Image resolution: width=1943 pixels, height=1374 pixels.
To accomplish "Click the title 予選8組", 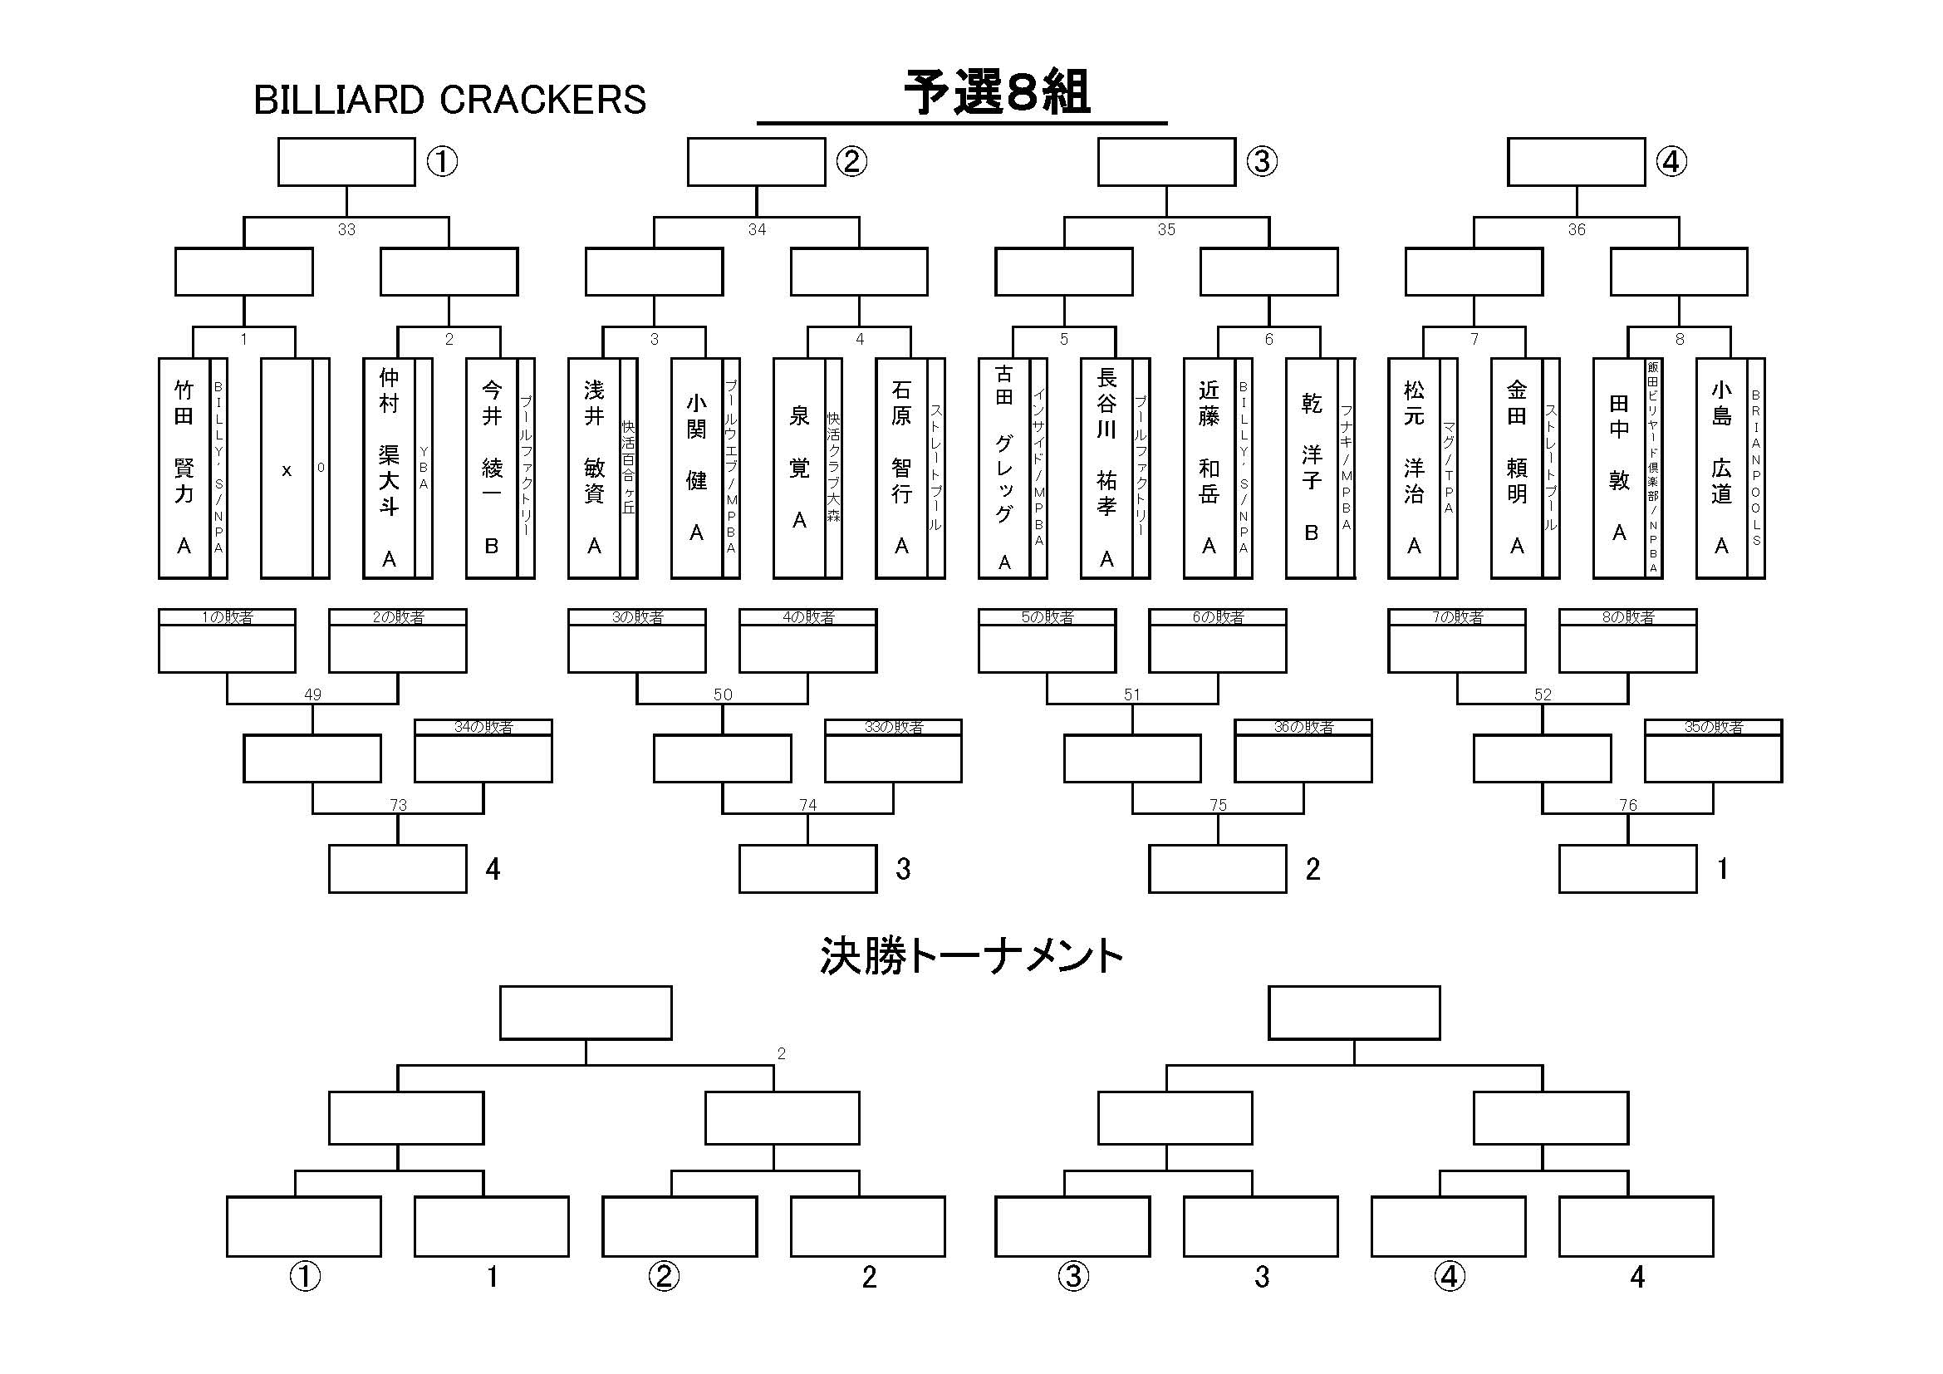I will tap(997, 93).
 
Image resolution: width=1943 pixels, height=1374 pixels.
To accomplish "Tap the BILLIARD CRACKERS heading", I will tap(449, 100).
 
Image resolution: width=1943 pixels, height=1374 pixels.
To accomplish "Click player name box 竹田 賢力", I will tap(184, 468).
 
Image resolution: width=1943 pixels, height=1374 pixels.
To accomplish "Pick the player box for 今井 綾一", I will tap(492, 468).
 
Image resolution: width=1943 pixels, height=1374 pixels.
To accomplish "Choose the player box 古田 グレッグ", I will tap(1003, 468).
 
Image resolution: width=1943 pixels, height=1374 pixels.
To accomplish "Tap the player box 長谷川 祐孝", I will tap(1106, 468).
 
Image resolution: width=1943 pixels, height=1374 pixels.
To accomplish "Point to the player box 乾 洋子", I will tap(1311, 468).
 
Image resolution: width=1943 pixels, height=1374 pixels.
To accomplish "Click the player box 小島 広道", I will tap(1721, 468).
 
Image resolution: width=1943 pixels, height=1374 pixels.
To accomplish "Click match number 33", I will tap(346, 229).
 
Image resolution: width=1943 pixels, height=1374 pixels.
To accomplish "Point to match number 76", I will tap(1627, 805).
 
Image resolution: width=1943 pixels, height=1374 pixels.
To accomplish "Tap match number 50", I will tap(722, 694).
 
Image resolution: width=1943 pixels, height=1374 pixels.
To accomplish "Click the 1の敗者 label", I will tap(227, 617).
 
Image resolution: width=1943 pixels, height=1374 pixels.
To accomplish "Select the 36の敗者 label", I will tap(1303, 727).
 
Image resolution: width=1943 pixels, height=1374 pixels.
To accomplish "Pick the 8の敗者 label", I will tap(1627, 617).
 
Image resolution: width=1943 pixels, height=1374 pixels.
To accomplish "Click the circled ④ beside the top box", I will tap(1671, 162).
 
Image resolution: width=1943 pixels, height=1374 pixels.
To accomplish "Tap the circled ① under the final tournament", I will tap(305, 1276).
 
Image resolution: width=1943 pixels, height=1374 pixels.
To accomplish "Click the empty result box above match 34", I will tap(756, 162).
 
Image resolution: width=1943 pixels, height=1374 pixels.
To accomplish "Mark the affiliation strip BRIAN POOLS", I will tap(1756, 468).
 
